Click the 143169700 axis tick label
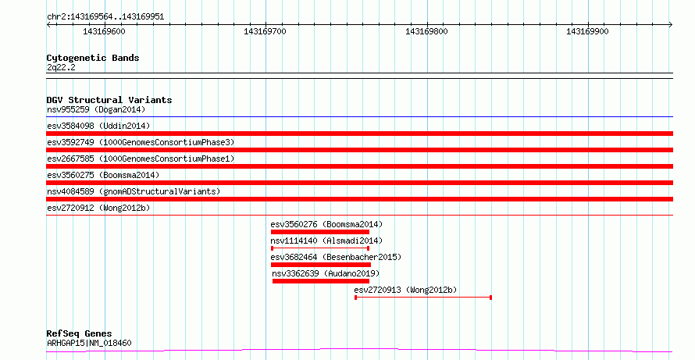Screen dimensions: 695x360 265,31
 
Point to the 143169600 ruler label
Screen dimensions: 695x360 104,31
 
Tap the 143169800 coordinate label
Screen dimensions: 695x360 426,31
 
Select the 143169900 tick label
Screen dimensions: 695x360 587,31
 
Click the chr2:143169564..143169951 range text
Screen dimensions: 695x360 105,17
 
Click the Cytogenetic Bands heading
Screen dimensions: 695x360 93,58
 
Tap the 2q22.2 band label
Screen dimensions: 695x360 61,67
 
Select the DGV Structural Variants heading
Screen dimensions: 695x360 109,100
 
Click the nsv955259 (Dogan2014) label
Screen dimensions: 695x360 96,109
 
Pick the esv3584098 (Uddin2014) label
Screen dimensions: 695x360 98,126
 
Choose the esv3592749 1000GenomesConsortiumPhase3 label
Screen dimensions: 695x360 141,142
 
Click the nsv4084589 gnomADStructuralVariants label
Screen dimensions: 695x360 134,191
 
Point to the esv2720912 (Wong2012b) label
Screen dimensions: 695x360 98,208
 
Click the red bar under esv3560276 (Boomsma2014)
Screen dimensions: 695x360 320,232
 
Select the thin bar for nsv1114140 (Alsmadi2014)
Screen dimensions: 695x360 320,248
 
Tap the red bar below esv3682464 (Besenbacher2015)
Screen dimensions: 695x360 321,265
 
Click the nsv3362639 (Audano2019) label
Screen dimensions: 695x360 326,273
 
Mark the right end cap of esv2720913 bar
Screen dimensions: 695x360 490,298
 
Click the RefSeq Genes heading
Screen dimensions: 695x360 80,333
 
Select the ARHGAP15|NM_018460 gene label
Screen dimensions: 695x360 89,343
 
